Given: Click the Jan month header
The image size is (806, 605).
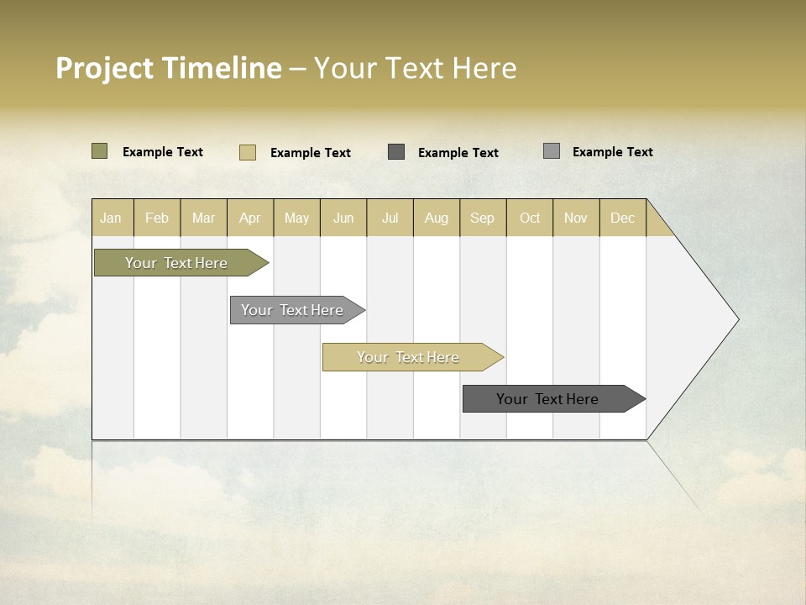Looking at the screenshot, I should pos(111,218).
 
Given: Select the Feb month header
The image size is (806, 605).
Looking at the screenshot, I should pos(157,218).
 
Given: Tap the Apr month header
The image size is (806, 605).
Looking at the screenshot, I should pos(249,218).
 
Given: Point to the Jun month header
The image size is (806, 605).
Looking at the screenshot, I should pos(343,218).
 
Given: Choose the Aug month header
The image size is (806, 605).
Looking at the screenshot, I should pos(436,218).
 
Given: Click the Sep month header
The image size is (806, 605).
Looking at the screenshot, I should pos(482,218).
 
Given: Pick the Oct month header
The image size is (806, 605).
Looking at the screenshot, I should pos(530,218).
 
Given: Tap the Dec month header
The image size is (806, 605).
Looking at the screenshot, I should pos(622,218).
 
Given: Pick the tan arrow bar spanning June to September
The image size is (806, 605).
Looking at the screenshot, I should pos(409,357).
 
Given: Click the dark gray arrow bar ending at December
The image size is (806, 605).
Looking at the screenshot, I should pos(548,399).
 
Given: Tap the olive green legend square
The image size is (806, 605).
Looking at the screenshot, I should pos(99,151).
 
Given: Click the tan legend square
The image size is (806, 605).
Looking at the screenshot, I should pos(247,152).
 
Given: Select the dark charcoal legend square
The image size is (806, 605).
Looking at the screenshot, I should pos(396,151).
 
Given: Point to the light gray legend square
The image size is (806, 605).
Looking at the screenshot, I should pos(551,150).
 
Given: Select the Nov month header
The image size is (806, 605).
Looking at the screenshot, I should pos(575,218).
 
